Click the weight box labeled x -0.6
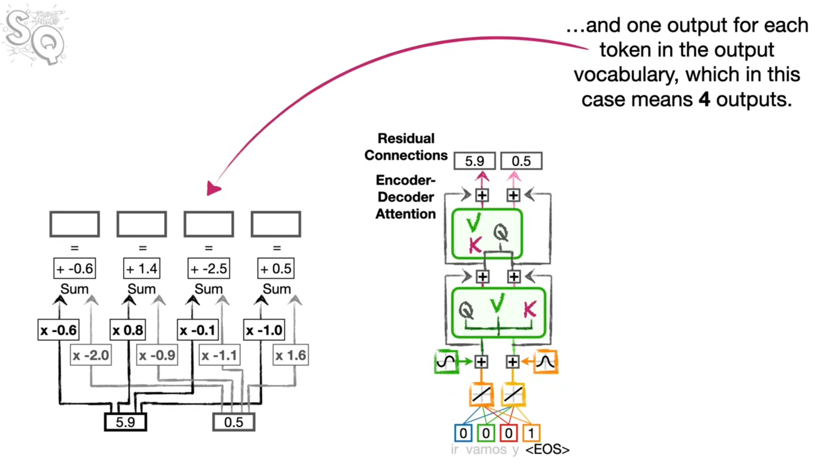(x=58, y=330)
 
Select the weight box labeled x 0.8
(x=128, y=330)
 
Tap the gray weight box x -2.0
(x=91, y=355)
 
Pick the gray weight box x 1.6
(x=291, y=355)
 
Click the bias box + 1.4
(x=142, y=268)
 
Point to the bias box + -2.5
(x=209, y=268)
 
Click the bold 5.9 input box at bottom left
(x=125, y=422)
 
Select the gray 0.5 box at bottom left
(x=234, y=422)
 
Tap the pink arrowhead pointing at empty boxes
(x=213, y=188)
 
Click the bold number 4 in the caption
(x=704, y=99)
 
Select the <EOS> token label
(x=547, y=450)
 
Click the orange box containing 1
(x=531, y=433)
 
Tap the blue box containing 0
(x=463, y=433)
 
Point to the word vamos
(x=486, y=450)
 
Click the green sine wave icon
(x=446, y=361)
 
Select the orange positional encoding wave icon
(x=546, y=361)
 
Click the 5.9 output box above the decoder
(x=474, y=161)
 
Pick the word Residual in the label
(x=406, y=138)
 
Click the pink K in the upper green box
(x=475, y=245)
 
